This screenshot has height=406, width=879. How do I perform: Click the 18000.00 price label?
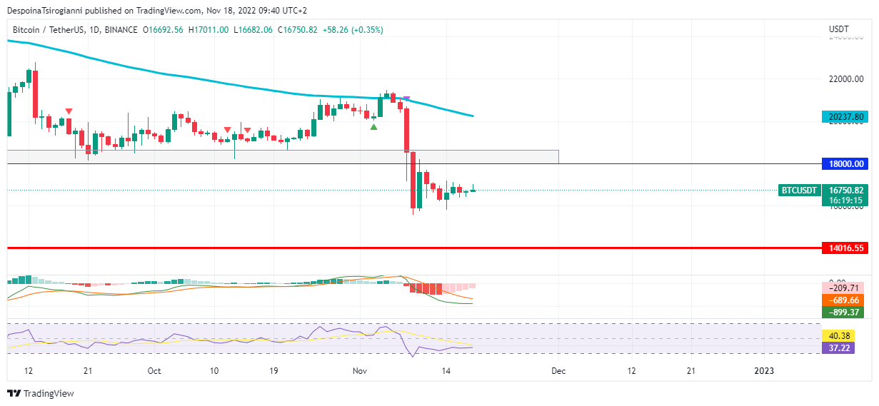click(x=845, y=164)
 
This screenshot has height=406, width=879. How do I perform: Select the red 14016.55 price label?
click(x=845, y=248)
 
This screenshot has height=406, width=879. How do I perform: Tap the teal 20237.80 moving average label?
click(x=845, y=117)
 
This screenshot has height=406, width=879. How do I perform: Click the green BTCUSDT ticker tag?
click(x=798, y=191)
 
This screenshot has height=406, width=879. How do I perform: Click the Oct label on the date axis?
click(x=154, y=371)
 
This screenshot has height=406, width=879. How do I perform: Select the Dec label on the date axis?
click(x=558, y=371)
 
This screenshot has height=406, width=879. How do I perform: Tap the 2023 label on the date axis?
click(x=764, y=371)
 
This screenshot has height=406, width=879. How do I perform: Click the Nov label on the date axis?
click(x=360, y=371)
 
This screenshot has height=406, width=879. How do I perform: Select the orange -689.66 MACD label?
click(x=843, y=300)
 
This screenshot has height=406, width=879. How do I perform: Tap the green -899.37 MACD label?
click(x=843, y=312)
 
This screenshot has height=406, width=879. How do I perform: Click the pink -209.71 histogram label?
click(x=843, y=288)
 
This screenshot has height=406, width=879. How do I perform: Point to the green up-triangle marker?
click(x=373, y=126)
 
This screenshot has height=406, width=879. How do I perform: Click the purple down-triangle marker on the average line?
click(x=406, y=98)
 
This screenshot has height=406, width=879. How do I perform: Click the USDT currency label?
click(x=839, y=29)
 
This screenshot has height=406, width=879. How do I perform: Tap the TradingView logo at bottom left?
click(x=41, y=393)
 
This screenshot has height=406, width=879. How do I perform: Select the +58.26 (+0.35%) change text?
click(x=353, y=30)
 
